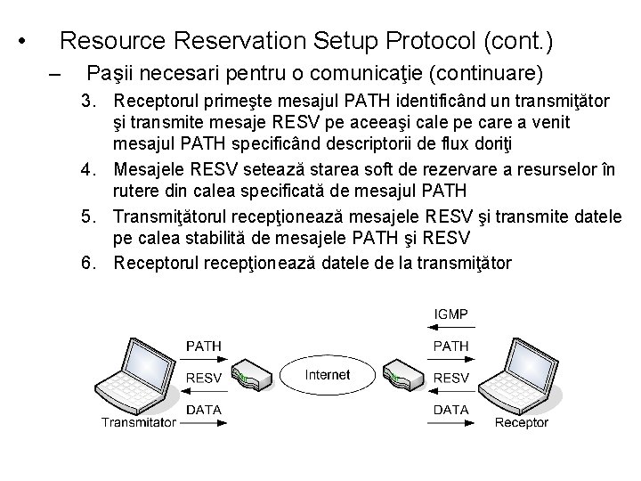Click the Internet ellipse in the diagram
[327, 375]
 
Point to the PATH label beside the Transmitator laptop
[203, 345]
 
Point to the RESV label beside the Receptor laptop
[450, 378]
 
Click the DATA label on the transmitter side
[203, 409]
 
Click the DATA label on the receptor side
[450, 409]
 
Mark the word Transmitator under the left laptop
[138, 423]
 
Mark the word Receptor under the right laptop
[521, 423]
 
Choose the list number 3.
[87, 96]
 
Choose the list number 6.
[87, 262]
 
